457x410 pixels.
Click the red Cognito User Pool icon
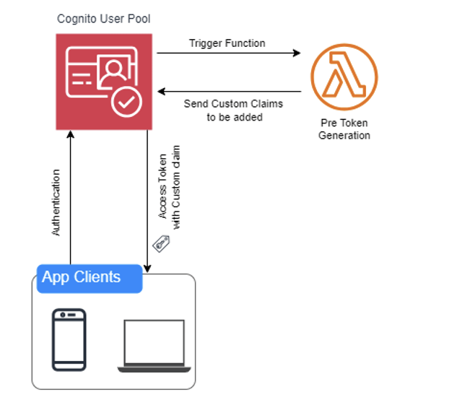104,82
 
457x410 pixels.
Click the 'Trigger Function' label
227,43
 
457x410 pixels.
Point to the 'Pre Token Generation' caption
344,129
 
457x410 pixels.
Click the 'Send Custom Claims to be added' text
232,110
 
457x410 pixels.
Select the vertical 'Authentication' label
56,203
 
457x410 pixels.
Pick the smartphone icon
69,339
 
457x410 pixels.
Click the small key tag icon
160,243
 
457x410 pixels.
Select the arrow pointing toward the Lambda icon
228,53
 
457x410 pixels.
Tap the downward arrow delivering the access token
147,202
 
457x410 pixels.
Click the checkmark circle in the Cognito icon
127,102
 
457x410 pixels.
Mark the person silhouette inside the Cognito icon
112,71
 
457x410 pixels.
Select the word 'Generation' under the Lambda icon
344,135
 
